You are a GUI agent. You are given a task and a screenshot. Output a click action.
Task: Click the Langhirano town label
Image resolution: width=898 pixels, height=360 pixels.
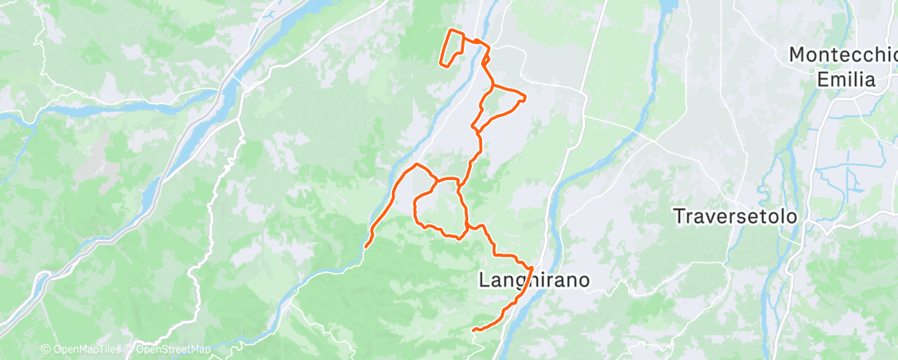[x=534, y=281]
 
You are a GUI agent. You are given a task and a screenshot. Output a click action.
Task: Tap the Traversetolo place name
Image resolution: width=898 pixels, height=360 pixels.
[x=735, y=217]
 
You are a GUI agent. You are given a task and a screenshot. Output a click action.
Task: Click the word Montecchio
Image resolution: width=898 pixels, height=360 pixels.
[x=843, y=55]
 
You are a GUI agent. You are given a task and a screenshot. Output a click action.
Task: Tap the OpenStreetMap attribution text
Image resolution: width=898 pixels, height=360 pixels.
[x=169, y=349]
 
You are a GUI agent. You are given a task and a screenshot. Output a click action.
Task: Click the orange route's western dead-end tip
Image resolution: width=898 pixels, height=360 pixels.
[x=366, y=245]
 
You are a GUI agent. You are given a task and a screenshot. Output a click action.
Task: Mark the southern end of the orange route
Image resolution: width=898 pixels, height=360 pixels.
[x=474, y=330]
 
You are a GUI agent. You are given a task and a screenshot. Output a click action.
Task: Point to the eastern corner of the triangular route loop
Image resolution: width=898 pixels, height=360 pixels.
[x=525, y=98]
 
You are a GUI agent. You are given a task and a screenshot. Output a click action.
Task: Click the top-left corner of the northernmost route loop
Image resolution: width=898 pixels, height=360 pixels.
[x=450, y=31]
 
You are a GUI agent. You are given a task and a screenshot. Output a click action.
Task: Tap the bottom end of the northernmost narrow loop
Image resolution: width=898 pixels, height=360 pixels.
[x=442, y=63]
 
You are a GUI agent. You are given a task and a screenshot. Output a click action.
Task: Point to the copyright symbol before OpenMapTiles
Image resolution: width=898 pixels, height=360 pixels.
[x=46, y=349]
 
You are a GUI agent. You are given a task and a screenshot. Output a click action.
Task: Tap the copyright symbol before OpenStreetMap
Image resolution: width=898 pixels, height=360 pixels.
[x=130, y=349]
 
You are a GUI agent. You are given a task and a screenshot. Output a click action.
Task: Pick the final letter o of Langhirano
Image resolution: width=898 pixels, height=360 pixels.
[x=584, y=281]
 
